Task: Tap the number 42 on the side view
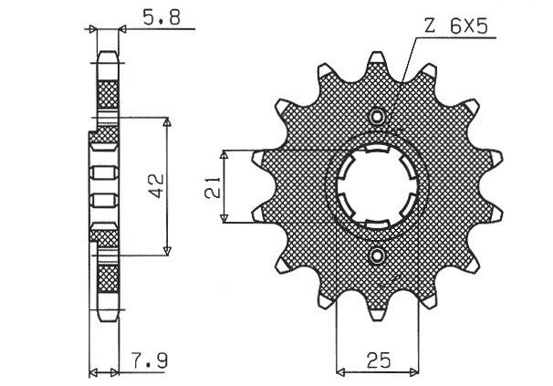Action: [154, 186]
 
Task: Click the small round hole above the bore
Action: [376, 116]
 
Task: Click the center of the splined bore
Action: [377, 187]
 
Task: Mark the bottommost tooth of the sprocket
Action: [376, 316]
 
